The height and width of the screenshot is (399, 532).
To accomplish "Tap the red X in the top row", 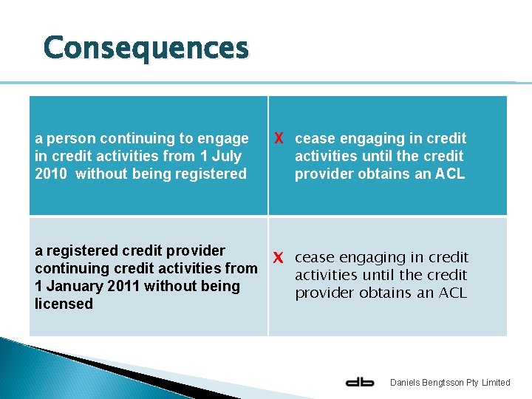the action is click(x=279, y=139).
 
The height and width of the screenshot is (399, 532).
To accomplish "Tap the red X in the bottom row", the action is click(x=279, y=258).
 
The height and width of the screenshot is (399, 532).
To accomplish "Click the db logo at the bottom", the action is click(x=360, y=382).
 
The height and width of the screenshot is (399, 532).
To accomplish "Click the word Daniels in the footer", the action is click(x=406, y=382).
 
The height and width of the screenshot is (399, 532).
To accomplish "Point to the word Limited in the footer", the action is click(x=495, y=382).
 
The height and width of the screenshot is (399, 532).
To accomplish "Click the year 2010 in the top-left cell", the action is click(x=52, y=174).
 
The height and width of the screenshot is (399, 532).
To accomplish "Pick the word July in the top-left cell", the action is click(x=226, y=156).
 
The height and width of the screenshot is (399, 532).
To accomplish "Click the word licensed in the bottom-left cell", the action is click(x=64, y=304).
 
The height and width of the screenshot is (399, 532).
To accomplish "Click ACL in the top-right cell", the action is click(x=450, y=174).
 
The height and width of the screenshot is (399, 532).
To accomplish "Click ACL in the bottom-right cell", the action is click(x=451, y=293).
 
